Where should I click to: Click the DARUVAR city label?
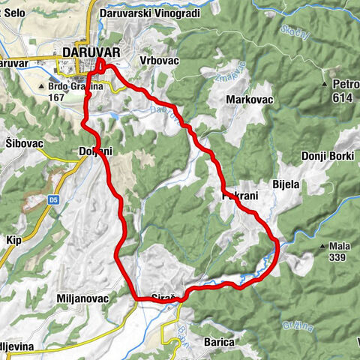coord(91,52)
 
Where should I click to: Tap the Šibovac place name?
coord(23,143)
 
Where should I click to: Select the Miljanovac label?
coord(82,298)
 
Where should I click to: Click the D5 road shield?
coord(54,199)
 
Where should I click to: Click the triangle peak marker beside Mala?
coord(322,246)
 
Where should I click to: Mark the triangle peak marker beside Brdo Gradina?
coord(43,86)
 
